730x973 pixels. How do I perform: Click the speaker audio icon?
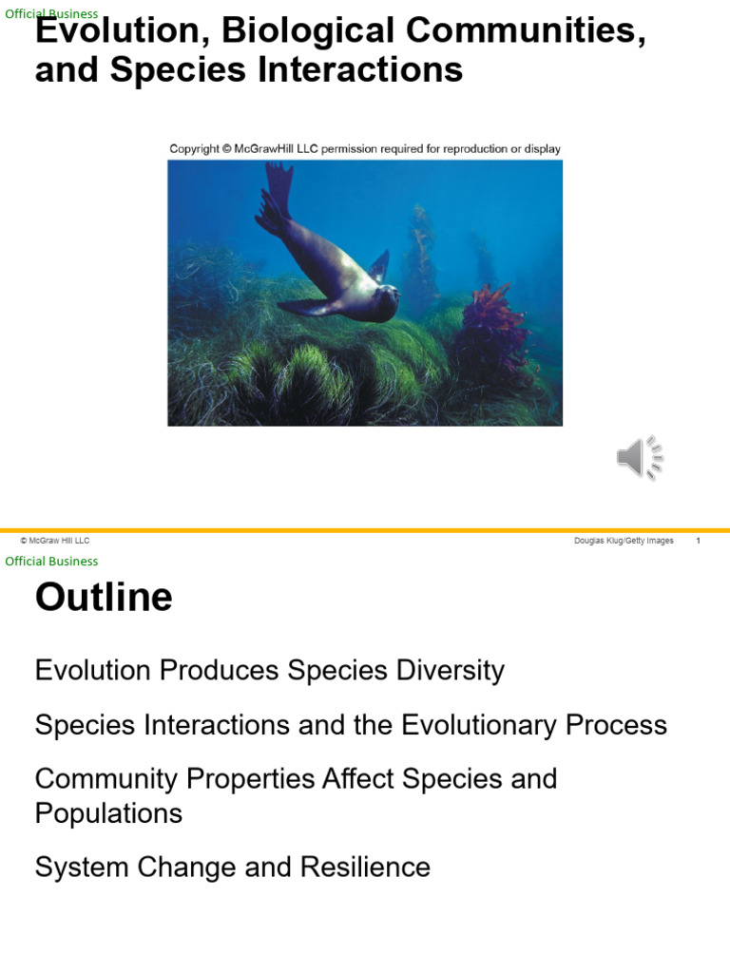click(639, 458)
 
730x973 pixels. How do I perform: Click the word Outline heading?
click(104, 598)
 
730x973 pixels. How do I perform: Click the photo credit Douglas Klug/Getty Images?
click(624, 541)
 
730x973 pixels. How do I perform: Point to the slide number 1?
click(699, 541)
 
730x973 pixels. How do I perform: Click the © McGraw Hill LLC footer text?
click(55, 541)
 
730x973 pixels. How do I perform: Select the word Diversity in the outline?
click(446, 671)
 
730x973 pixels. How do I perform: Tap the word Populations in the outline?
click(108, 813)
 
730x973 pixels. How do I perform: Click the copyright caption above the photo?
click(365, 148)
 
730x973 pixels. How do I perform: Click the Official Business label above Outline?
click(51, 561)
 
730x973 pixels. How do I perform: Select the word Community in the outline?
click(106, 779)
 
